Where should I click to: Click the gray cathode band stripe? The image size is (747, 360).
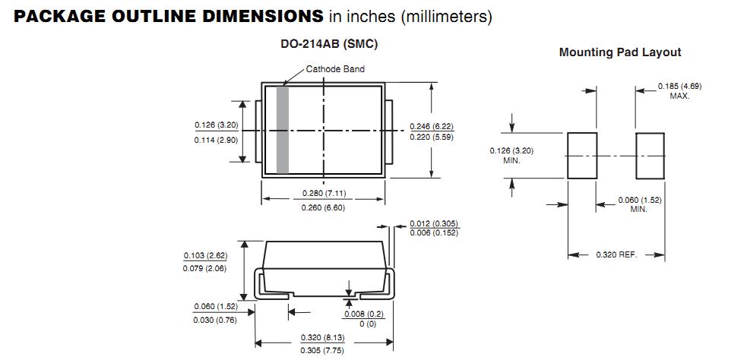coord(283,130)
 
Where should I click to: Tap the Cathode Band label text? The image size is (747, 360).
coord(335,69)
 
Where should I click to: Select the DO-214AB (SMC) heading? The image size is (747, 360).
coord(329,44)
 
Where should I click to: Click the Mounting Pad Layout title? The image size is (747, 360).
coord(620,52)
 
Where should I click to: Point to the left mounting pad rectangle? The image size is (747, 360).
coord(582,155)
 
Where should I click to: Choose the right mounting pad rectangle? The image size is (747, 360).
coord(650,155)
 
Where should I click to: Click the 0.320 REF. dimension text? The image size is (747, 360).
coord(616,254)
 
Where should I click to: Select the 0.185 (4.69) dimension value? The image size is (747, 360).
coord(680,87)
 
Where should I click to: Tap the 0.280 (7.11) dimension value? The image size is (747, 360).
coord(324,193)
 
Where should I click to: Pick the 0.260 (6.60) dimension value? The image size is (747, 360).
coord(324,207)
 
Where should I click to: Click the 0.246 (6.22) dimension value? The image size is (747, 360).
coord(432,126)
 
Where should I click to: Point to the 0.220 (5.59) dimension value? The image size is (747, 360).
coord(432,137)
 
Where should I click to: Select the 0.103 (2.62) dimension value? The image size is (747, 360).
coord(205,255)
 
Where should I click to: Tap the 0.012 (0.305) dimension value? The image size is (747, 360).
coord(434,223)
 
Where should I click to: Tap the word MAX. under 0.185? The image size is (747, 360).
coord(680,96)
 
